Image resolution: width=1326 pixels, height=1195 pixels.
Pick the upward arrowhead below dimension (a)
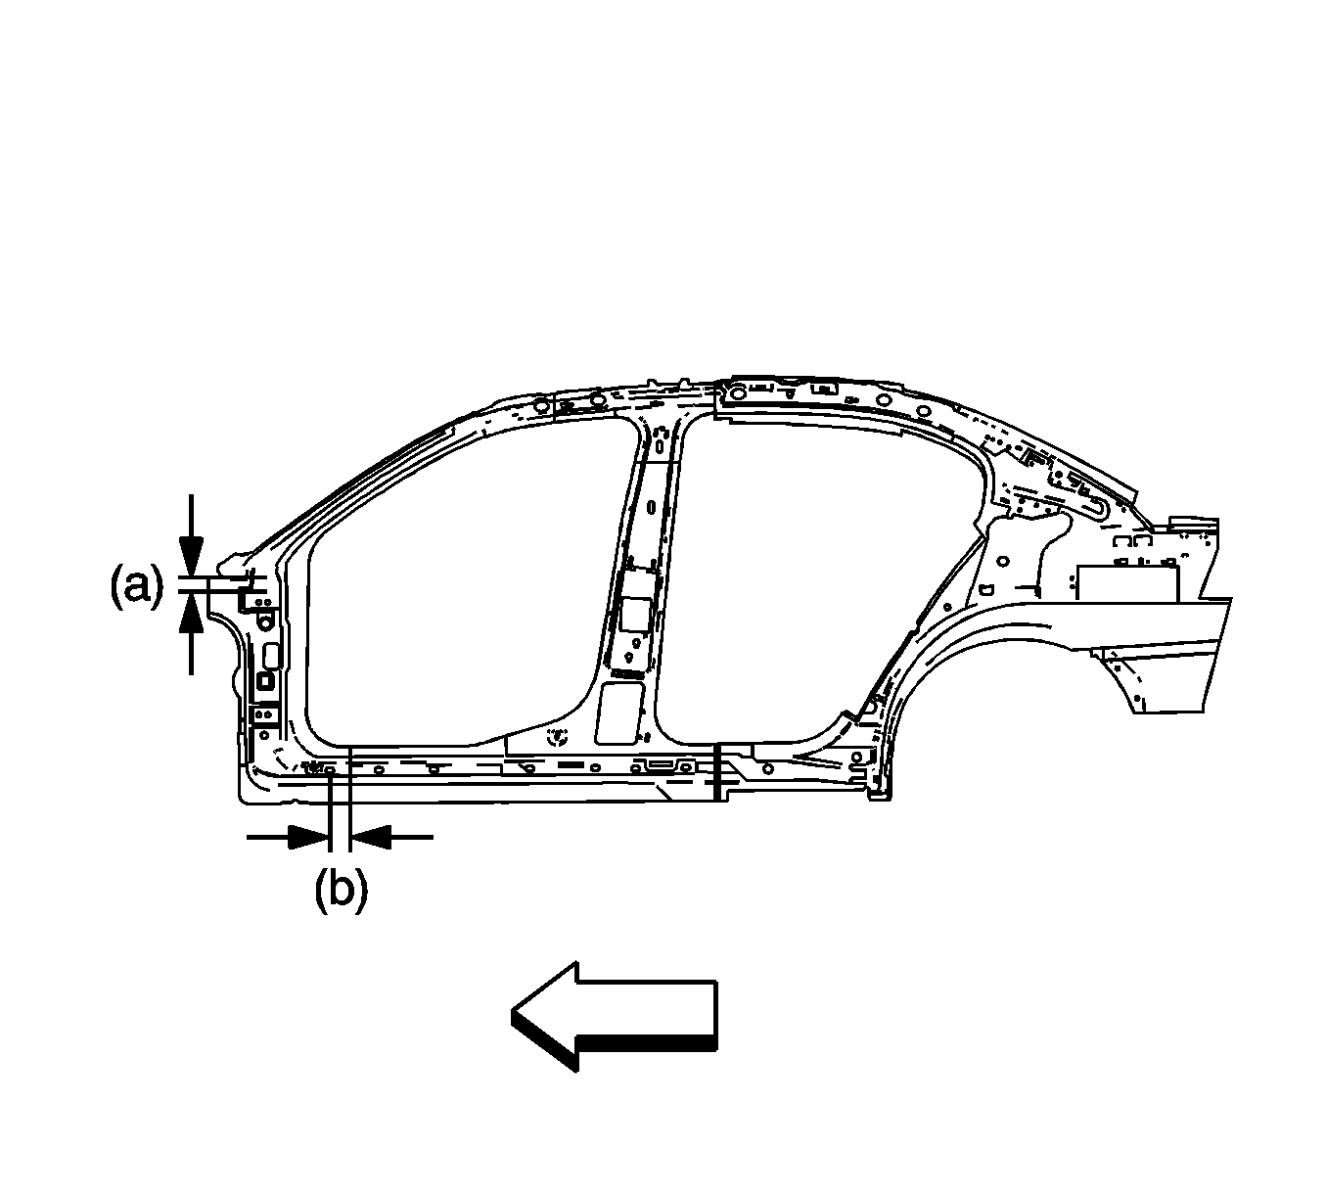click(x=191, y=613)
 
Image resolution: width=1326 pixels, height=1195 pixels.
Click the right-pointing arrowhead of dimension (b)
click(x=308, y=837)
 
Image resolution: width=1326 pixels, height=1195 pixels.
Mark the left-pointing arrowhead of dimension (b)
click(x=369, y=837)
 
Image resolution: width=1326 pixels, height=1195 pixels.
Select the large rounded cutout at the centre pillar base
click(x=619, y=713)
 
